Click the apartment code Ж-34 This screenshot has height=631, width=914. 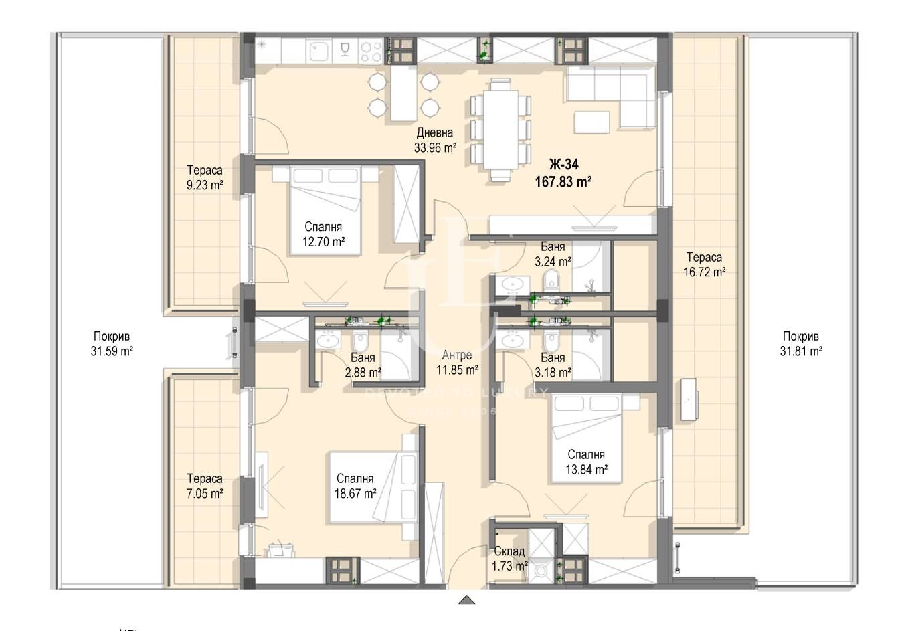click(563, 165)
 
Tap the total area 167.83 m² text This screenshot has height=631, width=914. click(563, 181)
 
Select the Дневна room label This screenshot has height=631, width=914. click(434, 133)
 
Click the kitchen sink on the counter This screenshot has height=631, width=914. click(316, 50)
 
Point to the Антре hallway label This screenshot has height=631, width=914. click(457, 355)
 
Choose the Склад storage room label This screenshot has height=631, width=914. click(509, 552)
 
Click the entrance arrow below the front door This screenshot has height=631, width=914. click(467, 600)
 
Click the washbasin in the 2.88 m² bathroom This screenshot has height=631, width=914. click(327, 340)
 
